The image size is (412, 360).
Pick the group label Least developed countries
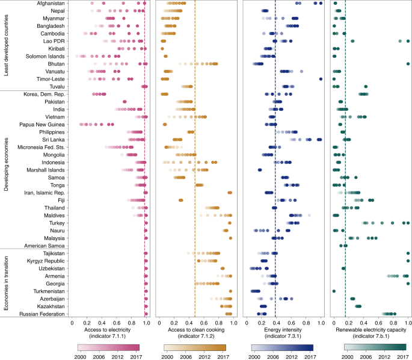click(x=6, y=45)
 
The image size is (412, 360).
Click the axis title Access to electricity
click(x=109, y=331)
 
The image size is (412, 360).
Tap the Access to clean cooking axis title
click(x=195, y=331)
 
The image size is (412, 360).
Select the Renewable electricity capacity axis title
click(x=371, y=331)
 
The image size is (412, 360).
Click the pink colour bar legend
click(x=109, y=347)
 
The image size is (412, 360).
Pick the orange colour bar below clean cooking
click(x=195, y=347)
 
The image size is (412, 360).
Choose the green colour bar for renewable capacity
click(x=371, y=347)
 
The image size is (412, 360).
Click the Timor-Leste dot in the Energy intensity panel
click(x=321, y=79)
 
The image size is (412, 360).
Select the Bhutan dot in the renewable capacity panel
click(x=408, y=64)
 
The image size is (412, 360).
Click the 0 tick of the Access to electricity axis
click(x=72, y=323)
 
